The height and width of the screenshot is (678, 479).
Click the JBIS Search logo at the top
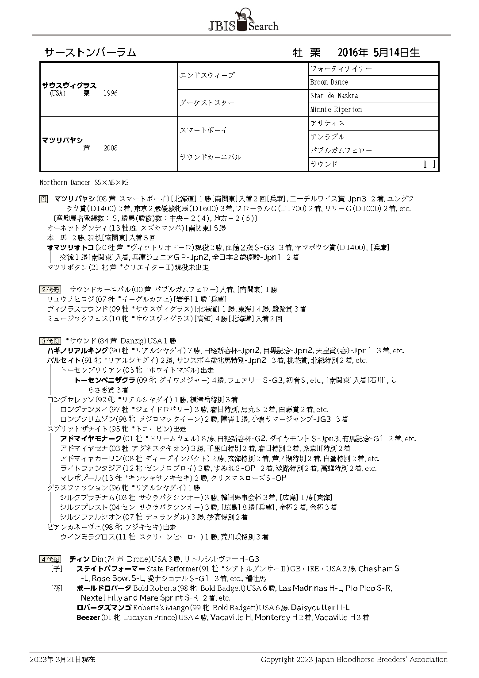[x=243, y=21]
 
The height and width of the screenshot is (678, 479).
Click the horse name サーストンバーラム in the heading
[x=90, y=53]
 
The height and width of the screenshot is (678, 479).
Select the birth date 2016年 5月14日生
[x=378, y=53]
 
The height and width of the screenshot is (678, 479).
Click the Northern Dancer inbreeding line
[x=84, y=182]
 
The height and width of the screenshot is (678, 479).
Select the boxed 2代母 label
[x=50, y=290]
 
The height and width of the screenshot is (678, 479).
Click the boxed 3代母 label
[x=50, y=341]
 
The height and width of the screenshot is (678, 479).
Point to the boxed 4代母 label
[x=50, y=559]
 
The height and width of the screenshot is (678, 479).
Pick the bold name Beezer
[x=88, y=617]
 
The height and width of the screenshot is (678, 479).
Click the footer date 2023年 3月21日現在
[x=62, y=659]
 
